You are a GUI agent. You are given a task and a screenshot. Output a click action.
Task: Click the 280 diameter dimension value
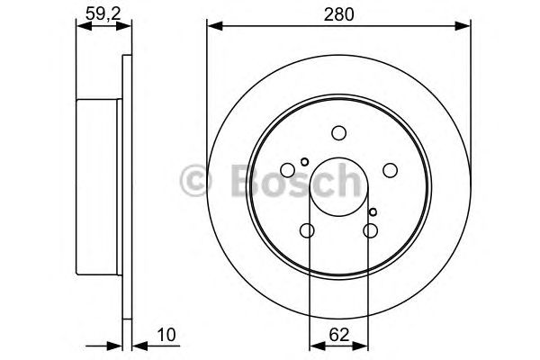pyautogui.click(x=339, y=15)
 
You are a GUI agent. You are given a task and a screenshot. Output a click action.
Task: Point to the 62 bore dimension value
pyautogui.click(x=339, y=335)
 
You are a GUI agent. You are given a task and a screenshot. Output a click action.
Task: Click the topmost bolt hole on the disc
pyautogui.click(x=339, y=133)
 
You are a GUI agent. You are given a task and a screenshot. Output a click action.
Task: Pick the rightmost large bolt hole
pyautogui.click(x=391, y=169)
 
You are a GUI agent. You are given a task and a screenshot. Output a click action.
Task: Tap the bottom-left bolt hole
pyautogui.click(x=307, y=231)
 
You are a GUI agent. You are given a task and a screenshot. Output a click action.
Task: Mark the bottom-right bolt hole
pyautogui.click(x=371, y=231)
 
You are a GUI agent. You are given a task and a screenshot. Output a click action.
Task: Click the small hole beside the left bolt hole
pyautogui.click(x=304, y=162)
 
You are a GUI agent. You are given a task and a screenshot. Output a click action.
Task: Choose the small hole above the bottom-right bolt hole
pyautogui.click(x=373, y=212)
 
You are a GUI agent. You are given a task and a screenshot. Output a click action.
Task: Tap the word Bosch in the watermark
pyautogui.click(x=288, y=181)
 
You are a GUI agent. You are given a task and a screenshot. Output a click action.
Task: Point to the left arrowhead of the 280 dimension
pyautogui.click(x=212, y=26)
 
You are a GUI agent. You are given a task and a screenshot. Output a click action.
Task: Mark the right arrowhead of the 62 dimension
pyautogui.click(x=364, y=345)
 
